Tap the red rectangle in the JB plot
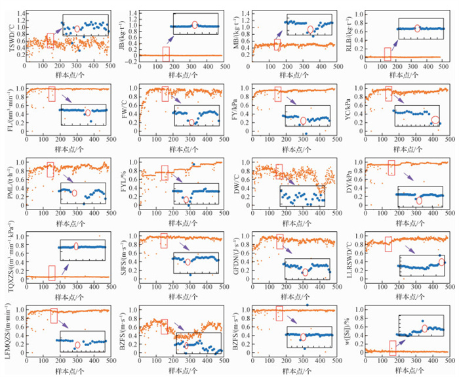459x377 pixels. [166, 53]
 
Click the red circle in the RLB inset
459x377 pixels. [418, 28]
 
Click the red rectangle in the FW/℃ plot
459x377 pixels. [165, 94]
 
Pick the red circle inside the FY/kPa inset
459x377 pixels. [303, 120]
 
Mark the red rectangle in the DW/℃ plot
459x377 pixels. [279, 171]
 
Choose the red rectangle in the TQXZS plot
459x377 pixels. [52, 273]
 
